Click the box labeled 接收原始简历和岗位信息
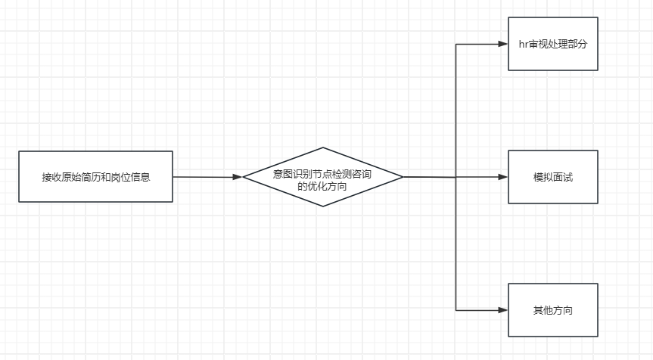(95, 176)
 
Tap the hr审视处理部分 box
(552, 44)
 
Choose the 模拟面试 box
(552, 177)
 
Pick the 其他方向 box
(552, 310)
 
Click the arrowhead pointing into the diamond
(238, 177)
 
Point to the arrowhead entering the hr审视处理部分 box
(503, 44)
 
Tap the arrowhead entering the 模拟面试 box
(503, 177)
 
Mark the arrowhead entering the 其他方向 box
(503, 310)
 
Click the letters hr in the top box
(522, 44)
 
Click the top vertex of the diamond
(323, 147)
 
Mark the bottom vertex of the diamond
(323, 206)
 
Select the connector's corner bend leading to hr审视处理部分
(456, 44)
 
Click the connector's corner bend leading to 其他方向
(456, 310)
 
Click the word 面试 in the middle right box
(562, 177)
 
